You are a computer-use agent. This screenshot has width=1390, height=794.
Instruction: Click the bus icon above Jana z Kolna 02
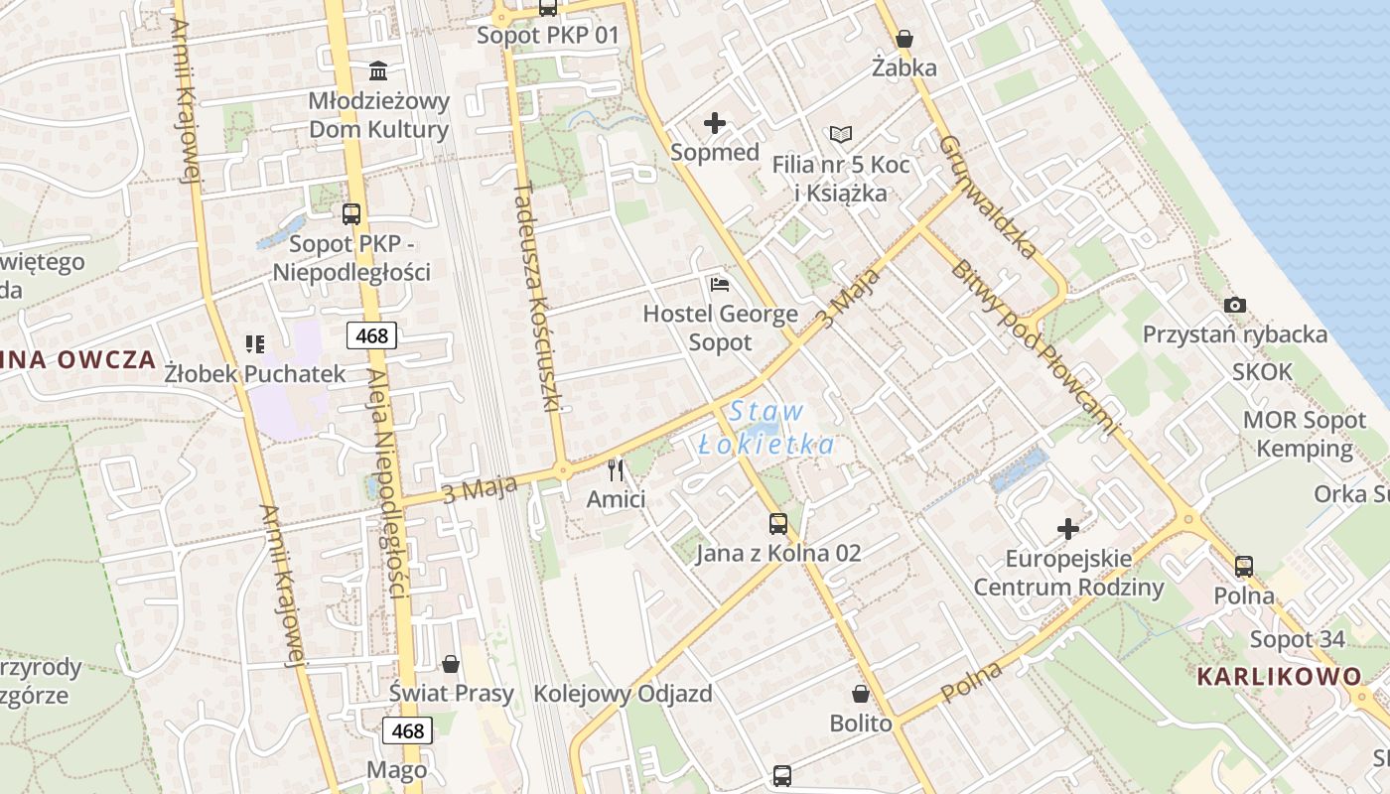(x=778, y=524)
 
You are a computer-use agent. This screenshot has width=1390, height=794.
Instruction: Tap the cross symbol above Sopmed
(x=715, y=124)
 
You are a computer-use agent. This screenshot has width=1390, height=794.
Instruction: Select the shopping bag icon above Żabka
(x=904, y=40)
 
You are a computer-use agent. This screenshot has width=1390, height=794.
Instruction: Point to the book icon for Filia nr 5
(x=840, y=134)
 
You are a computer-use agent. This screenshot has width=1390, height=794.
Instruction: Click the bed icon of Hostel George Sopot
(x=721, y=286)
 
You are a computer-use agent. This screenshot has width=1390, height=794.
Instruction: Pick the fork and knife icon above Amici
(x=617, y=469)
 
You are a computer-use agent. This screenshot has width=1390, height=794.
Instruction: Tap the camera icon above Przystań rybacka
(x=1235, y=305)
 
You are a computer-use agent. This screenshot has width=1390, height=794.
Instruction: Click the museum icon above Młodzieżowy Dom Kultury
(x=378, y=71)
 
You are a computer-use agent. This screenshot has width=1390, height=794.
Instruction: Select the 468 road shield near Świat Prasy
(x=407, y=731)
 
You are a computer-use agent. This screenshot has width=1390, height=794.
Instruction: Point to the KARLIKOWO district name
(x=1279, y=677)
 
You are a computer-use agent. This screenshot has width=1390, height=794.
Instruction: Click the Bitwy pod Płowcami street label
(x=1033, y=347)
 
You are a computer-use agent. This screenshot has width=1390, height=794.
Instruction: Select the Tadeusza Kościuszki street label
(x=538, y=296)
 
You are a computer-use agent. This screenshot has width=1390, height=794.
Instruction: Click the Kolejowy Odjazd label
(x=624, y=694)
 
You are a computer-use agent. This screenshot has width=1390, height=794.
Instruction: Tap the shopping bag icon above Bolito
(x=861, y=694)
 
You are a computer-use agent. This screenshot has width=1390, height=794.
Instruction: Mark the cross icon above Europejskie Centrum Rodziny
(x=1068, y=529)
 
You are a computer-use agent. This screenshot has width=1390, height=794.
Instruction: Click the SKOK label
(x=1263, y=372)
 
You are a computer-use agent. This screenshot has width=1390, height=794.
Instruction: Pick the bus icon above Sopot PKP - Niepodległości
(x=351, y=214)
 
